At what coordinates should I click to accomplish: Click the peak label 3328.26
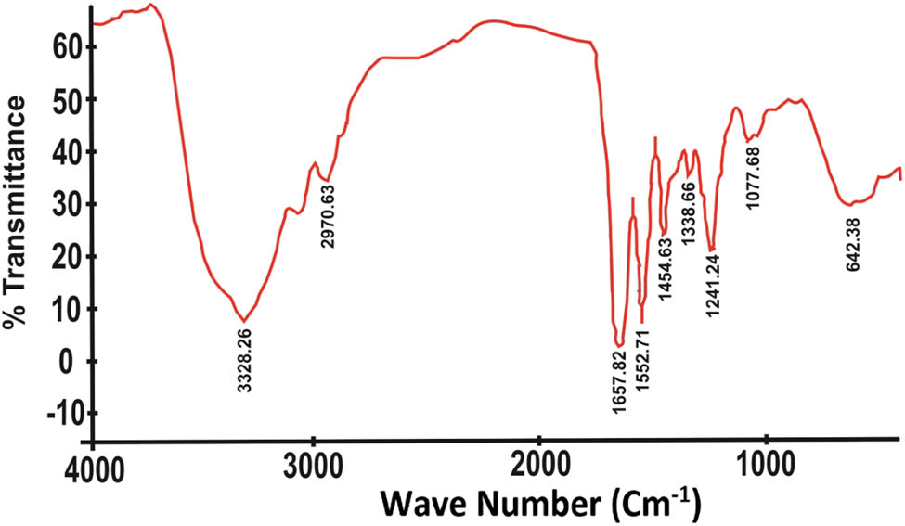tap(244, 358)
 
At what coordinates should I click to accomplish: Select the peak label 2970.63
tap(326, 214)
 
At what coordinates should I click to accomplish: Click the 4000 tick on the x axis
tap(94, 461)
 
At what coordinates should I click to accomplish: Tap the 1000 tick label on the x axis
tap(766, 461)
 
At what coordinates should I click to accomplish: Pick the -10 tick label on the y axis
tap(61, 413)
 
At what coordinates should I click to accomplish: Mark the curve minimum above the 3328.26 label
tap(244, 321)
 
